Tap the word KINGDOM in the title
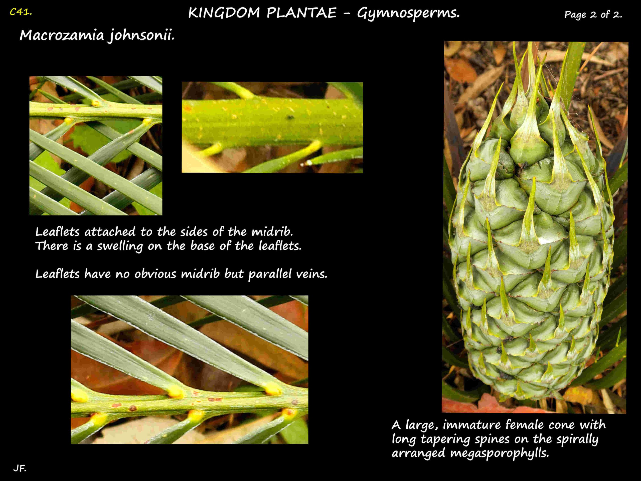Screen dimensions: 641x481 pyautogui.click(x=224, y=13)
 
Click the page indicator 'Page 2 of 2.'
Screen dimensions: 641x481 pyautogui.click(x=593, y=15)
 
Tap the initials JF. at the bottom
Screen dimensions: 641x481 pyautogui.click(x=20, y=468)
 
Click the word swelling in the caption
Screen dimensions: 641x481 pyautogui.click(x=120, y=246)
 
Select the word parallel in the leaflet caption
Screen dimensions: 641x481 pyautogui.click(x=269, y=274)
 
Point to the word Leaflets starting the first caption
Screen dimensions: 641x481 pyautogui.click(x=57, y=232)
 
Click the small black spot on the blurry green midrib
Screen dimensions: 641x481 pyautogui.click(x=290, y=117)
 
